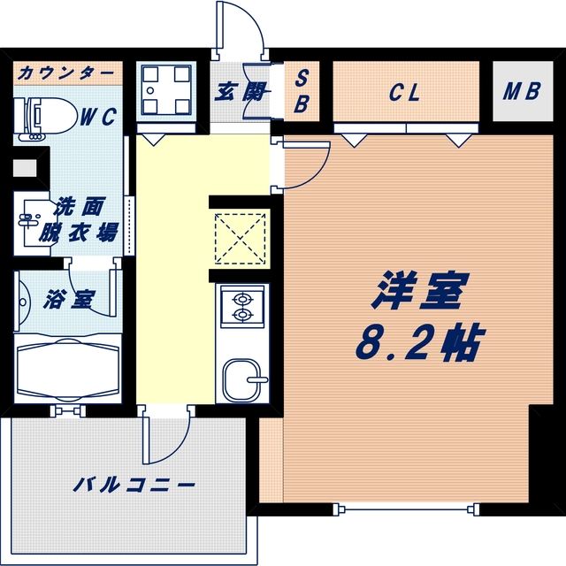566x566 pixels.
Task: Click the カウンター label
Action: click(x=65, y=72)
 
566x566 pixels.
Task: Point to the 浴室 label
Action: click(x=71, y=300)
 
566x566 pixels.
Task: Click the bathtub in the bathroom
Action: click(x=69, y=368)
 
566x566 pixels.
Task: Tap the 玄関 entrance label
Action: click(x=236, y=91)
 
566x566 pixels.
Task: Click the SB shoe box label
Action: click(x=301, y=91)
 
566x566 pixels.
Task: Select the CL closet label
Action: click(x=403, y=91)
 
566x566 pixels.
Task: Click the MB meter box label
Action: click(x=524, y=91)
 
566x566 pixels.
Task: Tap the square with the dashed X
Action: click(x=239, y=237)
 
